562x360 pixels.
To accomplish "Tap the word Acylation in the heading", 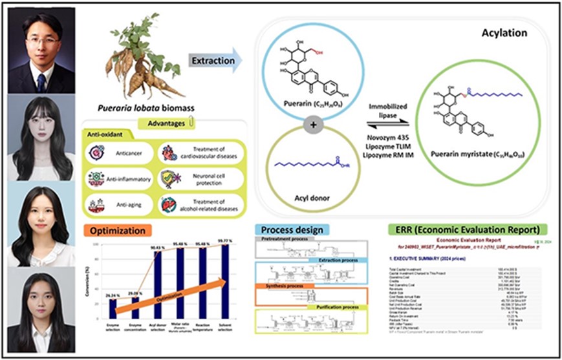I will (505, 32).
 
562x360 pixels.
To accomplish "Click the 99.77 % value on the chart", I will (225, 240).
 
